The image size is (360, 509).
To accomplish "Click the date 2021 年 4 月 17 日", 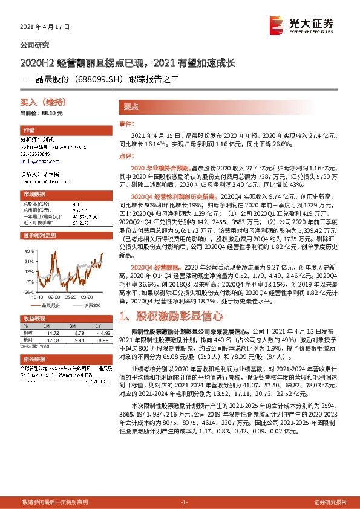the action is click(45, 27).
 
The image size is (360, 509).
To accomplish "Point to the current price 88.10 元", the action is click(41, 113).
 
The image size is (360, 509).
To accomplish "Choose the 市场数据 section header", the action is click(34, 194).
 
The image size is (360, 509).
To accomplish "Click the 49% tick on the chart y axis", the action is click(28, 250).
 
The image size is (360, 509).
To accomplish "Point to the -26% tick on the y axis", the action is click(28, 291).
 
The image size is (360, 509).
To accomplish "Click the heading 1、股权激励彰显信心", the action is click(172, 316).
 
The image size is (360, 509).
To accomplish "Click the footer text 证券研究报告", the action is click(330, 502).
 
